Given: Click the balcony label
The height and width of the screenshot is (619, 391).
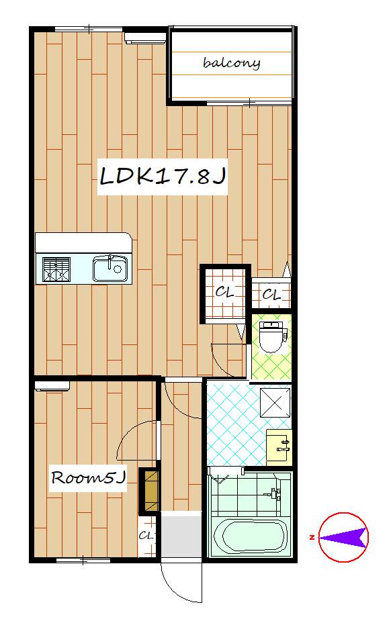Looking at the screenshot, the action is point(231,63).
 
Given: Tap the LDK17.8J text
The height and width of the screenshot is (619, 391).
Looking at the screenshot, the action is point(163,176).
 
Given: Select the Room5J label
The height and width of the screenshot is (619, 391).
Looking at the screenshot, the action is point(89,477).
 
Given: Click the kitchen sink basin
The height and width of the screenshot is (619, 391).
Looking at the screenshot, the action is point(110,269).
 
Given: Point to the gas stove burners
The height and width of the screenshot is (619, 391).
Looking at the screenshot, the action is point(56,269).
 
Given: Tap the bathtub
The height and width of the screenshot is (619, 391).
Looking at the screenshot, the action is point(251,536).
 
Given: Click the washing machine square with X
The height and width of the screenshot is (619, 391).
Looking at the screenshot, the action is point(275,403).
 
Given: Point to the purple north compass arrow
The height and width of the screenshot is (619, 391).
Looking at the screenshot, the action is point(343,537).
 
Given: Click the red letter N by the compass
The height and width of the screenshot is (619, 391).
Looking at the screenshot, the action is point(312,537).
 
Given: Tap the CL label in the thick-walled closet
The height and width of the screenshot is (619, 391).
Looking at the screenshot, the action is point(225,292).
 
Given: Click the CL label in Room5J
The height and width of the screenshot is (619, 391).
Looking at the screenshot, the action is point(146,535).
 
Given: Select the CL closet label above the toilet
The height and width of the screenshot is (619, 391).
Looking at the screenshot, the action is point(271,294).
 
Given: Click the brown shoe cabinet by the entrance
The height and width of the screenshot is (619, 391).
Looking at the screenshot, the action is point(151,491).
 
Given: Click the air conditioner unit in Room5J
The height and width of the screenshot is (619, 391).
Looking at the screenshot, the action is point(52,386).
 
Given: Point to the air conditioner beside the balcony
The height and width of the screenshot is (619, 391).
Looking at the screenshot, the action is point(145,38).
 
